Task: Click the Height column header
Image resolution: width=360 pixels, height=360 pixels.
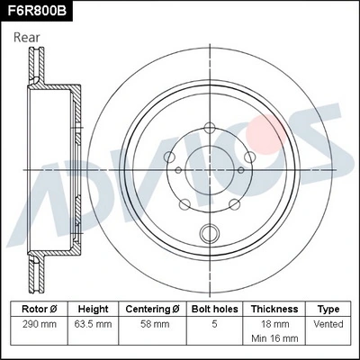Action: point(93,309)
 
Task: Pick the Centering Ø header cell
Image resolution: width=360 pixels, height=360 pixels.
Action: point(154,309)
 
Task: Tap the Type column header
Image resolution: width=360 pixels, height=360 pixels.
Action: point(328,309)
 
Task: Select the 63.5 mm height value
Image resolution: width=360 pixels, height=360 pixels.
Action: point(93,324)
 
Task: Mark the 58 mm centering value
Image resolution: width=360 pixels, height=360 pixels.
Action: point(154,324)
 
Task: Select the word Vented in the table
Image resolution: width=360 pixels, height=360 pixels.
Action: point(328,324)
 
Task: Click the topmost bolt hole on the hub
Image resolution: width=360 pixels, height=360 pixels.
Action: point(209,127)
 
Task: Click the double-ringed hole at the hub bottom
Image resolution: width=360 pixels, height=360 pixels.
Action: point(211,232)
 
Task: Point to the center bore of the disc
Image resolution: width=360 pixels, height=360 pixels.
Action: point(210,168)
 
